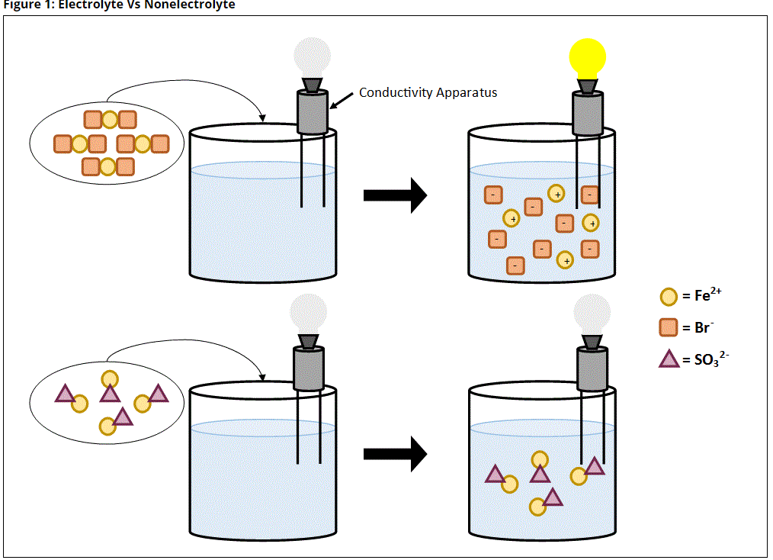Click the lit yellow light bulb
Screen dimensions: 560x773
pos(587,57)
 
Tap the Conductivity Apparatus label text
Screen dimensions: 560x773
pos(428,93)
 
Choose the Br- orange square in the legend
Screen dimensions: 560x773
pos(669,328)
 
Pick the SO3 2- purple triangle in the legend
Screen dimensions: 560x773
pos(669,359)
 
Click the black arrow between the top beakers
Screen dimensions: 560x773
pos(394,195)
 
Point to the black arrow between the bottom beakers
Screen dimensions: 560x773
pos(394,454)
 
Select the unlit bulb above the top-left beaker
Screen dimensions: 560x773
pos(313,56)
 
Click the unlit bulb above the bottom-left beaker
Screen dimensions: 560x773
pos(309,314)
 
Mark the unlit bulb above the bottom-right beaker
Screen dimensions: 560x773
pos(590,314)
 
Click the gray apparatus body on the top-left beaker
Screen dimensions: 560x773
pos(313,113)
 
